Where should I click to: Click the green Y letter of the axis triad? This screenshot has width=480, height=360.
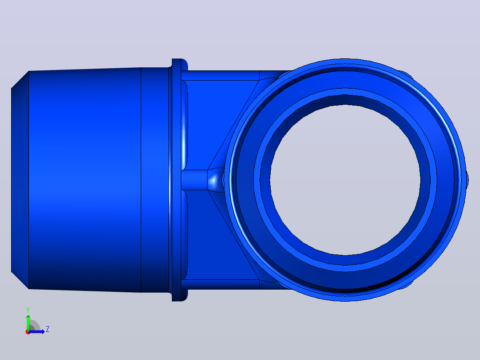[28, 310]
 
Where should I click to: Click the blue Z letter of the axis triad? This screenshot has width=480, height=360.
[48, 329]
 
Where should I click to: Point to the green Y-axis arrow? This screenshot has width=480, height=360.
[28, 323]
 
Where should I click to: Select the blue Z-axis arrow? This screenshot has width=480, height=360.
[37, 331]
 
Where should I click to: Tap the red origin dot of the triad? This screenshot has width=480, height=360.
[28, 332]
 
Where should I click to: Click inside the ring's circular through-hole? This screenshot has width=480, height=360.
[345, 180]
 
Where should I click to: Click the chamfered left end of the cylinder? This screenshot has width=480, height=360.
[20, 180]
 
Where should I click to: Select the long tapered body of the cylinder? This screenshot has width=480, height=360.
[85, 180]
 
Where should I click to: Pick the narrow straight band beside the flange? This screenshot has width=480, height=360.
[155, 180]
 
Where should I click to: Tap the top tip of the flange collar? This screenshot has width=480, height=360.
[179, 59]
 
